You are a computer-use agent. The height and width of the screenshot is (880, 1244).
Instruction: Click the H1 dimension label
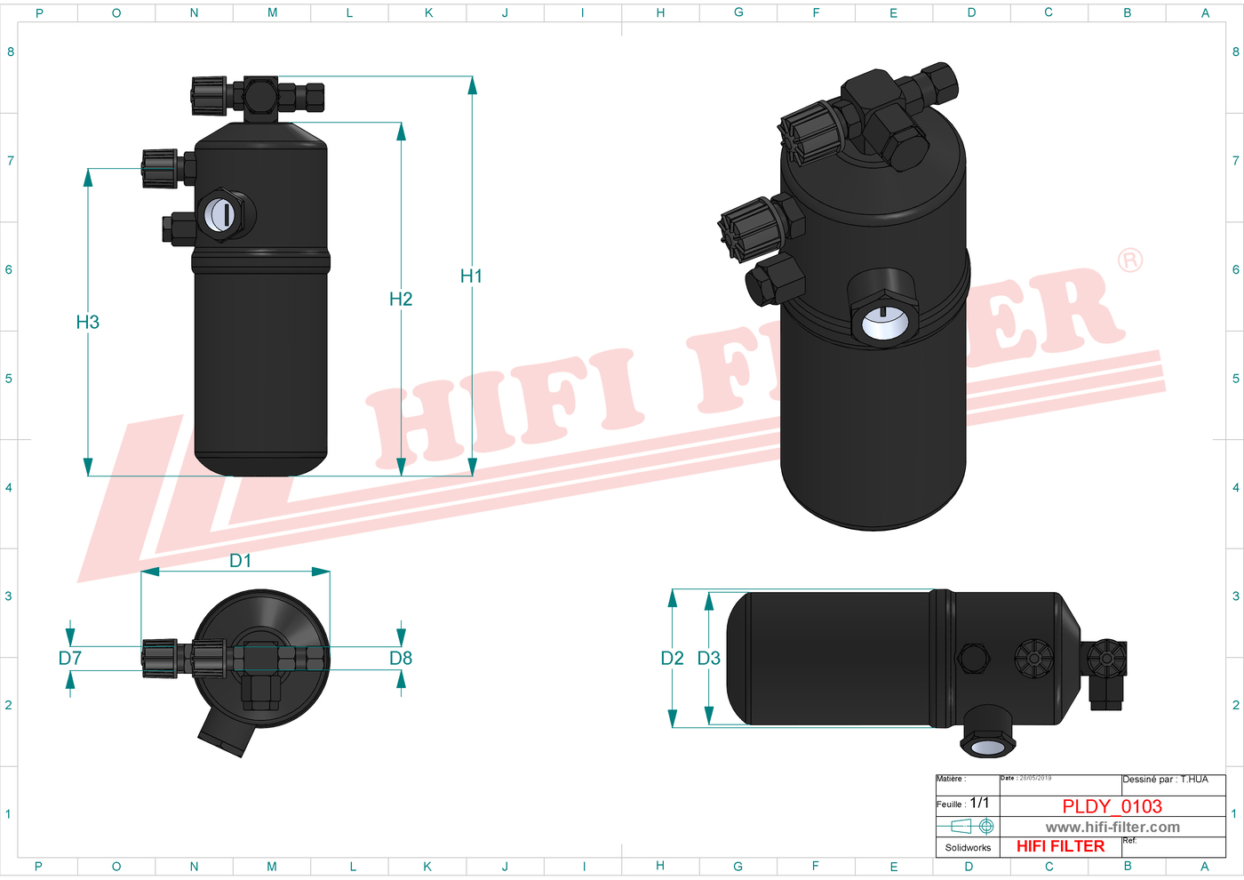coord(471,276)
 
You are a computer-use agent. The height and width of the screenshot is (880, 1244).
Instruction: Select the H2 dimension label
coord(401,300)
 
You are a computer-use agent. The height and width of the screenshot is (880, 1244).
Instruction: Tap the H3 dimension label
coord(87,323)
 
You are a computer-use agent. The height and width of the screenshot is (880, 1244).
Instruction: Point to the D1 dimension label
coord(240,561)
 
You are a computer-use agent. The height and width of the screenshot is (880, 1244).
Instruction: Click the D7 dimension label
coord(69,659)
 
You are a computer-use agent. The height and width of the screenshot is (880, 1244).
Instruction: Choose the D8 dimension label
coord(401,659)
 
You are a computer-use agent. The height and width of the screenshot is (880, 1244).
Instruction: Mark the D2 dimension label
coord(672,659)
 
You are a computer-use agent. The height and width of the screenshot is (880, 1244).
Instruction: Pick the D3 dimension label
coord(708,659)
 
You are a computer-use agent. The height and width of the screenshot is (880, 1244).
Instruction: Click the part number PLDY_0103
coord(1112,806)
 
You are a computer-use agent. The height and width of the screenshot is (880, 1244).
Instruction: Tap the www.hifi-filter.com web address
coord(1112,828)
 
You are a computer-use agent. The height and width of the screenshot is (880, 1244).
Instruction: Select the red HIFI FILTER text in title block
coord(1060,846)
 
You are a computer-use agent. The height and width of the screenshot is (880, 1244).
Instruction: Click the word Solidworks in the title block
coord(968,848)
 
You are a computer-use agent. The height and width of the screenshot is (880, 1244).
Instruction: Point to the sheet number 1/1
coord(979,803)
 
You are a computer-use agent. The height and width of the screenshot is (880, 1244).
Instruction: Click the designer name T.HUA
coord(1194,780)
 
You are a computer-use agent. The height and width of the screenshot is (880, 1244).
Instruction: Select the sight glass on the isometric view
coord(885,321)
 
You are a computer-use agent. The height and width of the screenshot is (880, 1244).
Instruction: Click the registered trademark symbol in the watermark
coord(1130,260)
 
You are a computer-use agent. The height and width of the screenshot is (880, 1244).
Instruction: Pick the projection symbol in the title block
coord(967,827)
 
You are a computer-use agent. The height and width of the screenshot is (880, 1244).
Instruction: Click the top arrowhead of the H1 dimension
coord(472,84)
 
